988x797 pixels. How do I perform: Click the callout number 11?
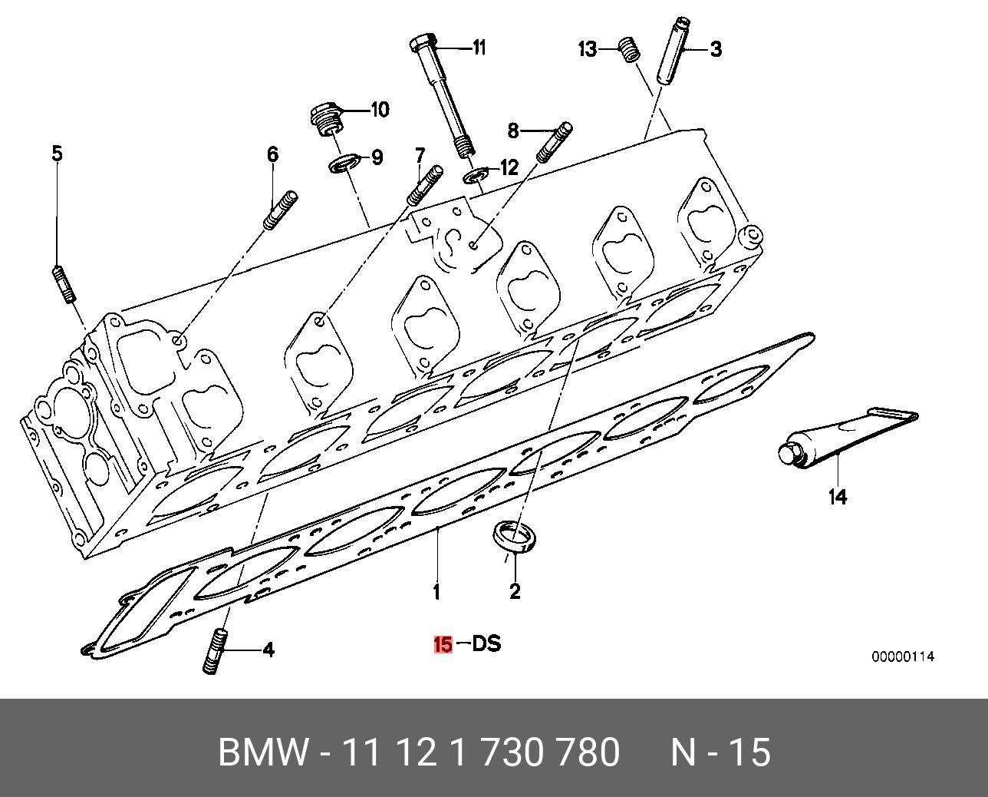(479, 48)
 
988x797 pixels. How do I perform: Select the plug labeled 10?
(328, 119)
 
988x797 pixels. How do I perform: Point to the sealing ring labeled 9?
(343, 164)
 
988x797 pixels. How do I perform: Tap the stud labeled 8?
(553, 142)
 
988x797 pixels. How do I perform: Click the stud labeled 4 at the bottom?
(216, 651)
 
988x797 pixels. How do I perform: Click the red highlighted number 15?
(443, 644)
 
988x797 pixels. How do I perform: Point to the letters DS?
(486, 643)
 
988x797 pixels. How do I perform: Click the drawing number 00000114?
(902, 656)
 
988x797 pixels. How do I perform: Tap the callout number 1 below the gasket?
(436, 592)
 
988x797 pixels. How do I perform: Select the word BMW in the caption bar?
(263, 752)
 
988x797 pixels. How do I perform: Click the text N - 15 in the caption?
(720, 752)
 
